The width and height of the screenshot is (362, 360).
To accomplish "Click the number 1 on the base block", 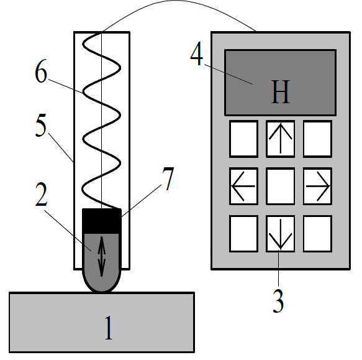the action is (x=109, y=328).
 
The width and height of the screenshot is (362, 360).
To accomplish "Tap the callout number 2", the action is (x=42, y=194).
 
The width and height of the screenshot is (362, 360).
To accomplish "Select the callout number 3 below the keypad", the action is (x=278, y=300).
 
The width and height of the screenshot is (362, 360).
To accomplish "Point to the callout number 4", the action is (x=197, y=53).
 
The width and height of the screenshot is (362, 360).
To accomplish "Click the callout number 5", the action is (x=41, y=125).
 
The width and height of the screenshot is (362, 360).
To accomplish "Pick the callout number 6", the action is (x=41, y=71).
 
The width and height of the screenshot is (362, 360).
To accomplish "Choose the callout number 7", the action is (x=168, y=178).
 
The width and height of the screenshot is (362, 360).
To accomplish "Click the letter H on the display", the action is (x=280, y=91).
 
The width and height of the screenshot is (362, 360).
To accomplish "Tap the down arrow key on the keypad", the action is (x=281, y=234).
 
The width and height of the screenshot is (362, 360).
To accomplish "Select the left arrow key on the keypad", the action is (x=243, y=186).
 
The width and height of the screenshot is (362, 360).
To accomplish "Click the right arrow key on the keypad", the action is (x=317, y=186).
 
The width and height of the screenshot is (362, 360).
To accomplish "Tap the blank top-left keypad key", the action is (x=243, y=139).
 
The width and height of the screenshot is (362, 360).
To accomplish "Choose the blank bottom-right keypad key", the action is (x=317, y=234).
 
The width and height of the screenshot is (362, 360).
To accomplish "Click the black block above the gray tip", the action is (x=102, y=221).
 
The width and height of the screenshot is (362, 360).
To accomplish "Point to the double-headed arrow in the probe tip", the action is (x=102, y=256).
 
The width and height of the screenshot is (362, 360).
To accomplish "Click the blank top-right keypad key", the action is (x=317, y=139).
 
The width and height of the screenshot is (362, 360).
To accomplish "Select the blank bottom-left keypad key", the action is (x=243, y=234).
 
